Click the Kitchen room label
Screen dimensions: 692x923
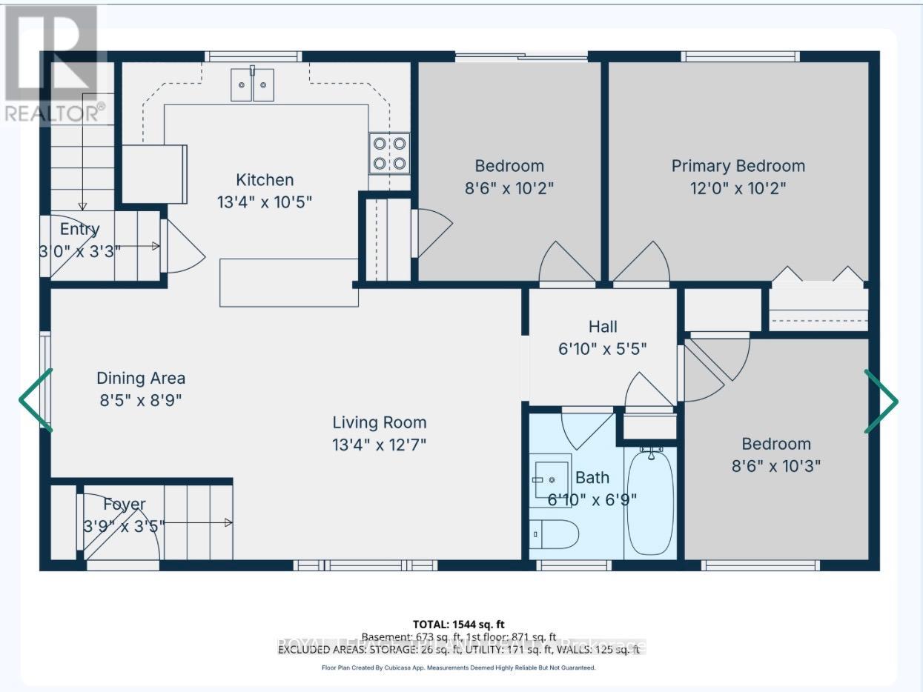coord(265,179)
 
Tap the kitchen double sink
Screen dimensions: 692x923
coord(252,84)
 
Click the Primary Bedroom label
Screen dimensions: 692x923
coord(738,166)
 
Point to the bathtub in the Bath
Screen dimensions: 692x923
coord(650,502)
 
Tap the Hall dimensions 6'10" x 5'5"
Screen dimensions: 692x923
coord(603,348)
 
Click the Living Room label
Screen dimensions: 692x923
coord(379,422)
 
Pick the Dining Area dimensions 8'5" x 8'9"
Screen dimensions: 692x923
coord(140,400)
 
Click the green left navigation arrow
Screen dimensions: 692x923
coord(36,400)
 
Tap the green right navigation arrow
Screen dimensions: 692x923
coord(881,401)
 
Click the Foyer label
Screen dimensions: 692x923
coord(124,505)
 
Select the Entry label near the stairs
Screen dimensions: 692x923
coord(79,229)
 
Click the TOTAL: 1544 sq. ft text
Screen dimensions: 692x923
coord(458,624)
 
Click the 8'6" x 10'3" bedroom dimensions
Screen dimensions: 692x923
coord(776,466)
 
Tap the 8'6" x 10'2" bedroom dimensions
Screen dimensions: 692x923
coord(509,188)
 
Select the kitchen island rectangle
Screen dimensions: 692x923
coord(289,282)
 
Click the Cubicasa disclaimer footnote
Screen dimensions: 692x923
coord(458,668)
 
